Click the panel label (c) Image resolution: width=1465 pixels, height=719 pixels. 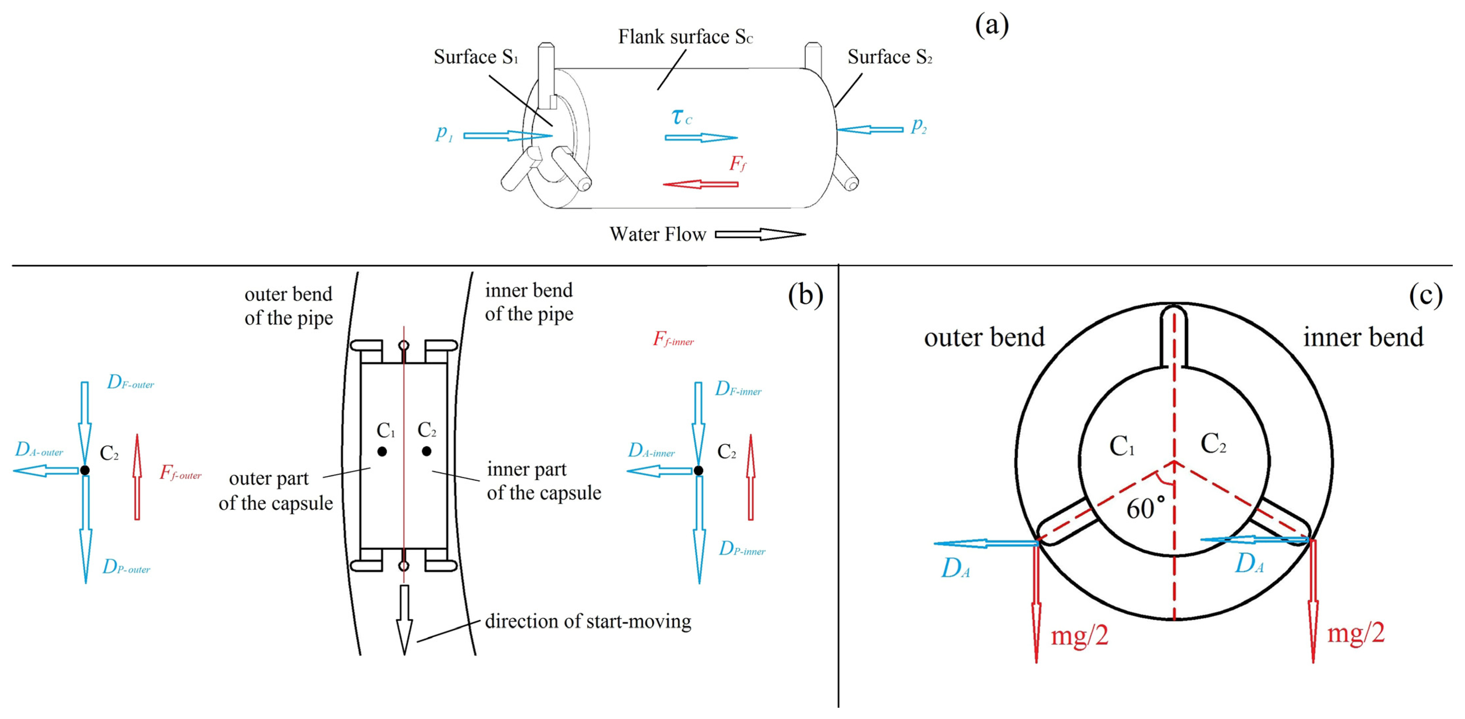click(1425, 295)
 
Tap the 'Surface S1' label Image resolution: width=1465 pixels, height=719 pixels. click(475, 57)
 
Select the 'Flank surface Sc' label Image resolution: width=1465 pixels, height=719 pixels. click(685, 37)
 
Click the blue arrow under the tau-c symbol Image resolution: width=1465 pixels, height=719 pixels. click(701, 137)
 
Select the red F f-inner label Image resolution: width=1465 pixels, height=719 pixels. click(673, 339)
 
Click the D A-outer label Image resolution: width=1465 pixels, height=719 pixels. click(39, 450)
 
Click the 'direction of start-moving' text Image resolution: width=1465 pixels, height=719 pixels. click(588, 621)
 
